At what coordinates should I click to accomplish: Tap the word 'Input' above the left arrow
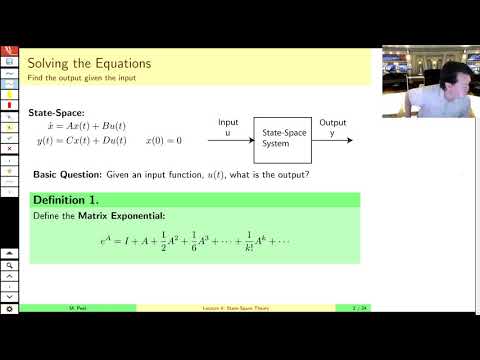click(229, 122)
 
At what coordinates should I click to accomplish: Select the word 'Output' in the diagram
click(333, 122)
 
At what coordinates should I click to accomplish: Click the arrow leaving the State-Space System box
click(335, 138)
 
